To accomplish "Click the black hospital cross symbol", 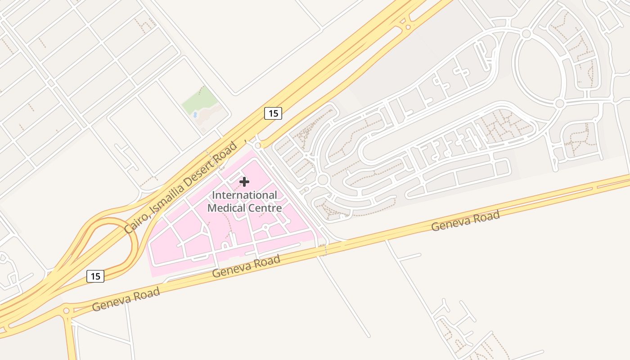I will pos(244,182).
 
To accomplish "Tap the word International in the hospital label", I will pos(244,195).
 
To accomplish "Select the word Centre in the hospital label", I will pos(265,208).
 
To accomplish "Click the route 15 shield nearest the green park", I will pos(273,113).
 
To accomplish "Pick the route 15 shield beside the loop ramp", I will pos(95,276).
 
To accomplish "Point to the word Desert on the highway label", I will pos(202,172).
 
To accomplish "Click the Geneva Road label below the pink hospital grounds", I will pos(246,266).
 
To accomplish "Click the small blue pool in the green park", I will pos(195,115).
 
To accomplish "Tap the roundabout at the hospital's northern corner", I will pos(257,146).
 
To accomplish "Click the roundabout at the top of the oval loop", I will pos(526,34).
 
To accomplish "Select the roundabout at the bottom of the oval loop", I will pos(559,103).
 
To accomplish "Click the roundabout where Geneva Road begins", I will pos(67,310).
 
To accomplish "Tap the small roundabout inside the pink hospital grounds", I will pos(265,227).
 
